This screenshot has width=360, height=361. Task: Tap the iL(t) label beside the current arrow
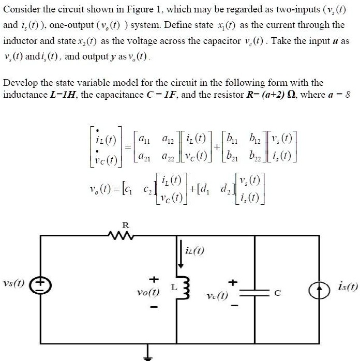click(195, 251)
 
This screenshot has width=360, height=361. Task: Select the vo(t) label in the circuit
click(148, 292)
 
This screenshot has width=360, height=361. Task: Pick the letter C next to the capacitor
click(277, 293)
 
